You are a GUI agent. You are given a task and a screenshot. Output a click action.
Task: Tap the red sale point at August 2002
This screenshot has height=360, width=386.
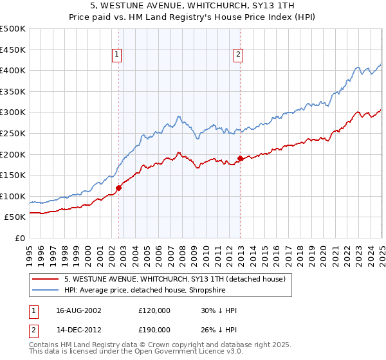[119, 188]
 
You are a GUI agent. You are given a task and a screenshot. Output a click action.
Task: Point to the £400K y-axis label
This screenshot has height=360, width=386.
[13, 71]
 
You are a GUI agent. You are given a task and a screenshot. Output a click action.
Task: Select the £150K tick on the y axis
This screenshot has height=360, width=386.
[13, 175]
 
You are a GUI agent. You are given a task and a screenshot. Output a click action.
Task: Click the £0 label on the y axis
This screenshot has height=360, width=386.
[20, 238]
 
